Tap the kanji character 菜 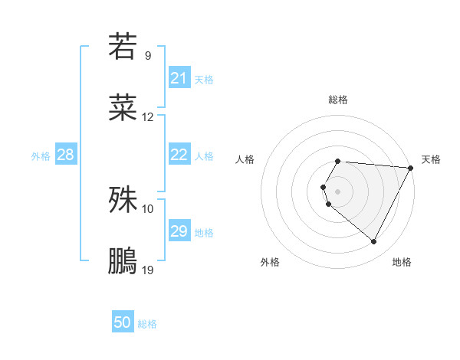pyautogui.click(x=123, y=108)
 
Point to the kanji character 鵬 pyautogui.click(x=123, y=261)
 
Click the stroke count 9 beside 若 pyautogui.click(x=148, y=55)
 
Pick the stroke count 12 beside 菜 pyautogui.click(x=148, y=117)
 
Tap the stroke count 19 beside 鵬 pyautogui.click(x=148, y=270)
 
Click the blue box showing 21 pyautogui.click(x=179, y=78)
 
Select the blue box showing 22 pyautogui.click(x=179, y=155)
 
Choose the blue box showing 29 pyautogui.click(x=179, y=231)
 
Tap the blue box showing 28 pyautogui.click(x=66, y=155)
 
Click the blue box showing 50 pyautogui.click(x=123, y=322)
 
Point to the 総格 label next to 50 pyautogui.click(x=147, y=324)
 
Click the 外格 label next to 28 pyautogui.click(x=41, y=156)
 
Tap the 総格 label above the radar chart pyautogui.click(x=338, y=100)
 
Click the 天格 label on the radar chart pyautogui.click(x=431, y=159)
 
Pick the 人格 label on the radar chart pyautogui.click(x=245, y=159)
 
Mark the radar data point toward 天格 pyautogui.click(x=410, y=168)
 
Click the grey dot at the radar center pyautogui.click(x=338, y=191)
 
